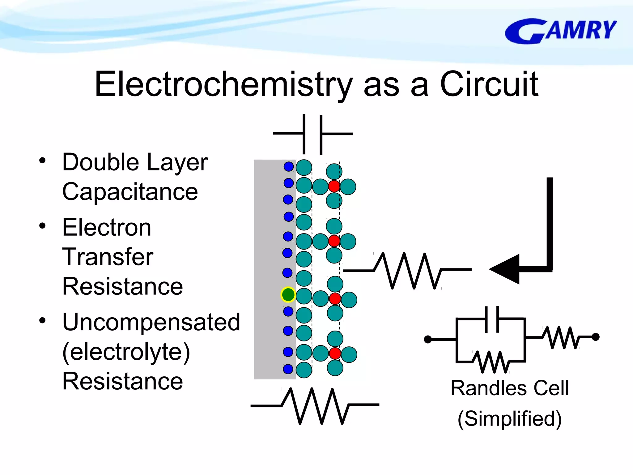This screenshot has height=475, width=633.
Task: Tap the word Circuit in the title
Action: coord(489,84)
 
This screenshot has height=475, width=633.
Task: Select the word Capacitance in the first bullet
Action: coord(130,192)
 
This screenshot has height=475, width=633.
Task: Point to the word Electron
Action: coord(107,227)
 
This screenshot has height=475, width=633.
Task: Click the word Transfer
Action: coord(108,257)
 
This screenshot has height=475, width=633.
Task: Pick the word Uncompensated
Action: coord(151,322)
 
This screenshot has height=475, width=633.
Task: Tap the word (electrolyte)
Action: coord(126,352)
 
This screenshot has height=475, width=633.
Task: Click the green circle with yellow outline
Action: coord(288,294)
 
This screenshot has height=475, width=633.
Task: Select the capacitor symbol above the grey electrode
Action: coord(312,134)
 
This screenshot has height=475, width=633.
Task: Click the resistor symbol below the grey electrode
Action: coord(315,405)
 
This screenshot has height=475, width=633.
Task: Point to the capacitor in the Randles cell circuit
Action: coord(491,319)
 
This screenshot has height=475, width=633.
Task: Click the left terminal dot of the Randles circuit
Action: coord(428,340)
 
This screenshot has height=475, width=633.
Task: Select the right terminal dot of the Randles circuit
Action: coord(596,337)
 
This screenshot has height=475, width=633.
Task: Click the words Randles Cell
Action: coord(510,388)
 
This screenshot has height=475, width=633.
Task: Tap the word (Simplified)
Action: coord(509,418)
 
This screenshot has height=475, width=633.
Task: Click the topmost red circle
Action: coord(334,186)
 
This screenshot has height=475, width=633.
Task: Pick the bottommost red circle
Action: coord(335,353)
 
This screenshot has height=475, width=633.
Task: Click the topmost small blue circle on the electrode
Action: coord(288,166)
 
